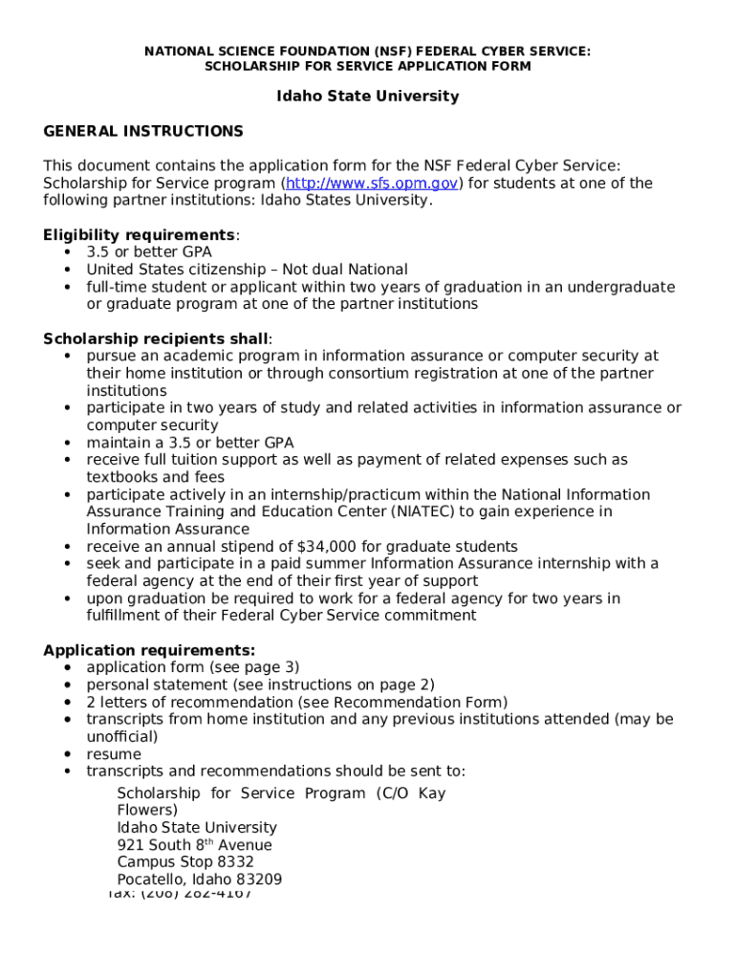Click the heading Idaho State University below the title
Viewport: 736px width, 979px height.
368,97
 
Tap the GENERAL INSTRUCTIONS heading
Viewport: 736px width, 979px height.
143,131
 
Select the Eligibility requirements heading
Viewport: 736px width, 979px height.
140,235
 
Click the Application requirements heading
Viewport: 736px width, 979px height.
149,650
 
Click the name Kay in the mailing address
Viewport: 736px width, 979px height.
432,794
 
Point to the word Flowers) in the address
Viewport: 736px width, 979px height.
147,811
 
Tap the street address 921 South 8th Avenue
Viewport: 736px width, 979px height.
194,845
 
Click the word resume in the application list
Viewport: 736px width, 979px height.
114,754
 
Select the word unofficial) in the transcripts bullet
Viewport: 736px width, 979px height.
122,737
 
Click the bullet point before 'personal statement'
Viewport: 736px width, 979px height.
68,685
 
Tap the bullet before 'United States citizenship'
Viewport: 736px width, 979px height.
68,270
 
